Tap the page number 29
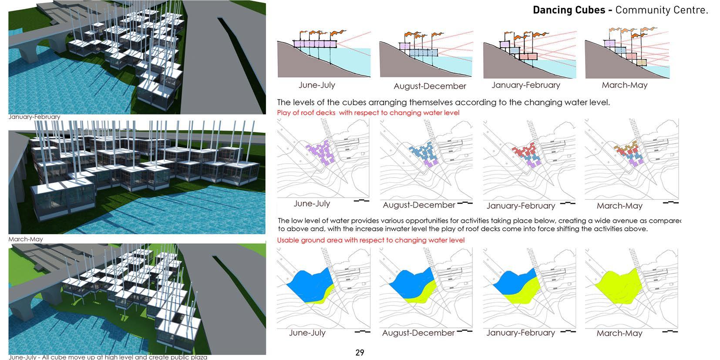360,353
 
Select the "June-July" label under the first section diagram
316,85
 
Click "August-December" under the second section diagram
430,86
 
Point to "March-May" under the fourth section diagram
624,85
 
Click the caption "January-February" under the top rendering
34,117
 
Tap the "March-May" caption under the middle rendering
26,239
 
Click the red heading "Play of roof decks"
306,113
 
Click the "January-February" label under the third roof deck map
521,205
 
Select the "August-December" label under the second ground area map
418,333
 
